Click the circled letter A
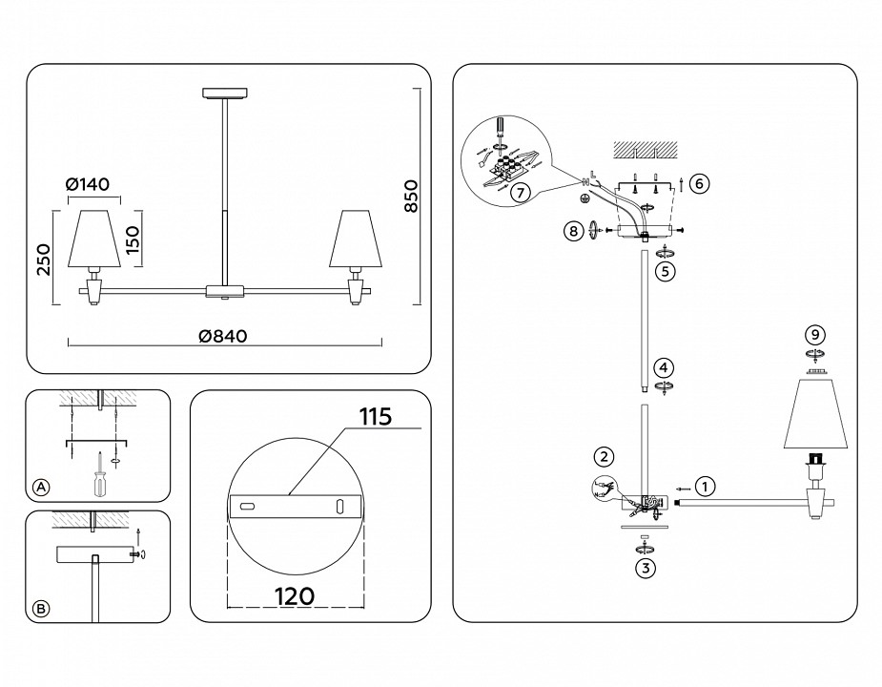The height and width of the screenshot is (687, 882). tap(41, 487)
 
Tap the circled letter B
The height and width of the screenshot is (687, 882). tap(41, 608)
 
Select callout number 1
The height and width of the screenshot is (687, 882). tap(704, 486)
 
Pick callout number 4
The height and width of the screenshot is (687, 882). tap(664, 367)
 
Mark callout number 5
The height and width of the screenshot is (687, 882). tap(665, 270)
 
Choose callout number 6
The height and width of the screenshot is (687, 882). tap(699, 182)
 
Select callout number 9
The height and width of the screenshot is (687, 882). tap(813, 334)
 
